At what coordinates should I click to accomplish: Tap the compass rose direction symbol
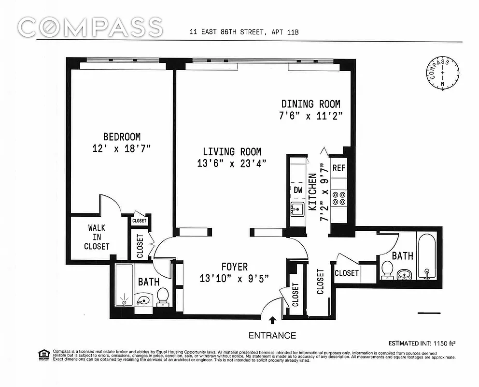tap(441, 74)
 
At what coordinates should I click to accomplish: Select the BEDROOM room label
tap(122, 137)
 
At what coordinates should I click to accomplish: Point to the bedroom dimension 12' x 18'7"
tap(122, 149)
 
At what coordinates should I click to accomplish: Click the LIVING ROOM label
tap(232, 151)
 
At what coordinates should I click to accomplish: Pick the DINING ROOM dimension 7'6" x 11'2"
tap(311, 116)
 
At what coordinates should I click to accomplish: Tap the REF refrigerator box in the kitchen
tap(338, 168)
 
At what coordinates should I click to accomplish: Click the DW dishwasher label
tap(298, 190)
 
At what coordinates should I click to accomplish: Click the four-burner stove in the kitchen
tap(338, 199)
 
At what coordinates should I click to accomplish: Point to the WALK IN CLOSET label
tap(97, 237)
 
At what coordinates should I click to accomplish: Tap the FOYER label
tap(234, 267)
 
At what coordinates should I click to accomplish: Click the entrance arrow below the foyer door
tap(272, 320)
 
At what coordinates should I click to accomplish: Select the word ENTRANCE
tap(272, 335)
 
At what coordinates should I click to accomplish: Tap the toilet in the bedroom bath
tap(162, 296)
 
